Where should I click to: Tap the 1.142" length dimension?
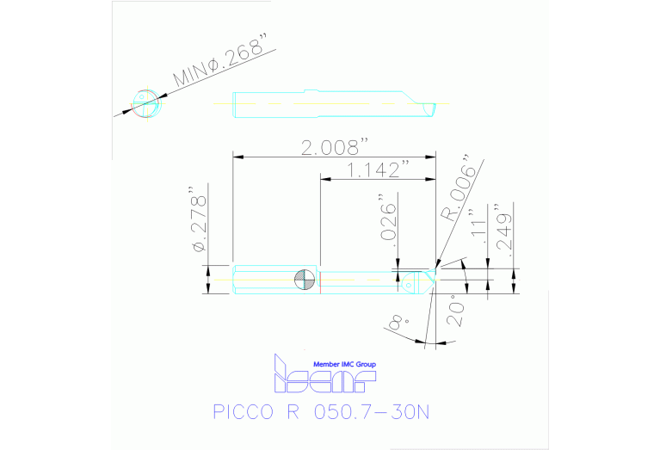tap(376, 170)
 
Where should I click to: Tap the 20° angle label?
tap(455, 311)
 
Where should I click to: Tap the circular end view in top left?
tap(145, 102)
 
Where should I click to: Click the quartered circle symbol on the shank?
tap(302, 279)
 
